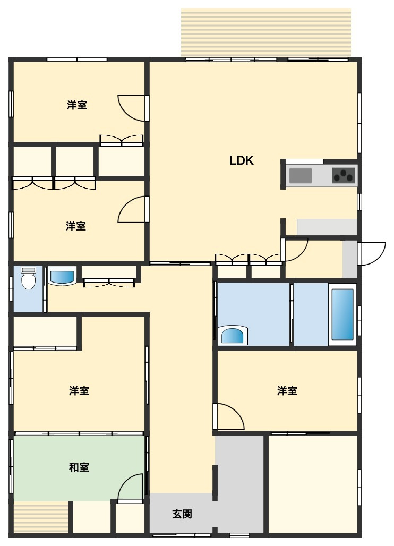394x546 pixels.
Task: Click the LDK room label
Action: (241, 160)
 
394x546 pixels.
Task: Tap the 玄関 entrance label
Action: (182, 514)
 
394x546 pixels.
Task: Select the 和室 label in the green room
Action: (79, 467)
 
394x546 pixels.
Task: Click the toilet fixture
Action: (28, 278)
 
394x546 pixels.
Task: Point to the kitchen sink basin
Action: (301, 175)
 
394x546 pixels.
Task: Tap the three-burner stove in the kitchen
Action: (344, 175)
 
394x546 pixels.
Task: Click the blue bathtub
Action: (342, 314)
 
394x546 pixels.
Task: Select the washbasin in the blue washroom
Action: (234, 335)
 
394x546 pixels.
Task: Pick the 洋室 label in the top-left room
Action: (77, 105)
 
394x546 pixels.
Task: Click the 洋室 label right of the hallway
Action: (287, 391)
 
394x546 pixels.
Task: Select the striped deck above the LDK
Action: (266, 32)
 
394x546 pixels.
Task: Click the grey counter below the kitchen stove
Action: (327, 227)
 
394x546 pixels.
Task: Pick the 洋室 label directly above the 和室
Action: (79, 391)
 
